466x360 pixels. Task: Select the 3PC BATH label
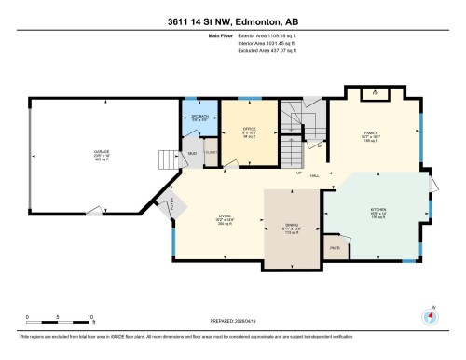(198, 117)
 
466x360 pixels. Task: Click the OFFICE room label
(250, 128)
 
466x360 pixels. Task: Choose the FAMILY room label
(369, 133)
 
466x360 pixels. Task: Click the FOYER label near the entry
(171, 205)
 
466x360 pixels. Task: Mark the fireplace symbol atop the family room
(376, 93)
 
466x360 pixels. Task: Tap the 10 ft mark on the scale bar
(90, 317)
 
